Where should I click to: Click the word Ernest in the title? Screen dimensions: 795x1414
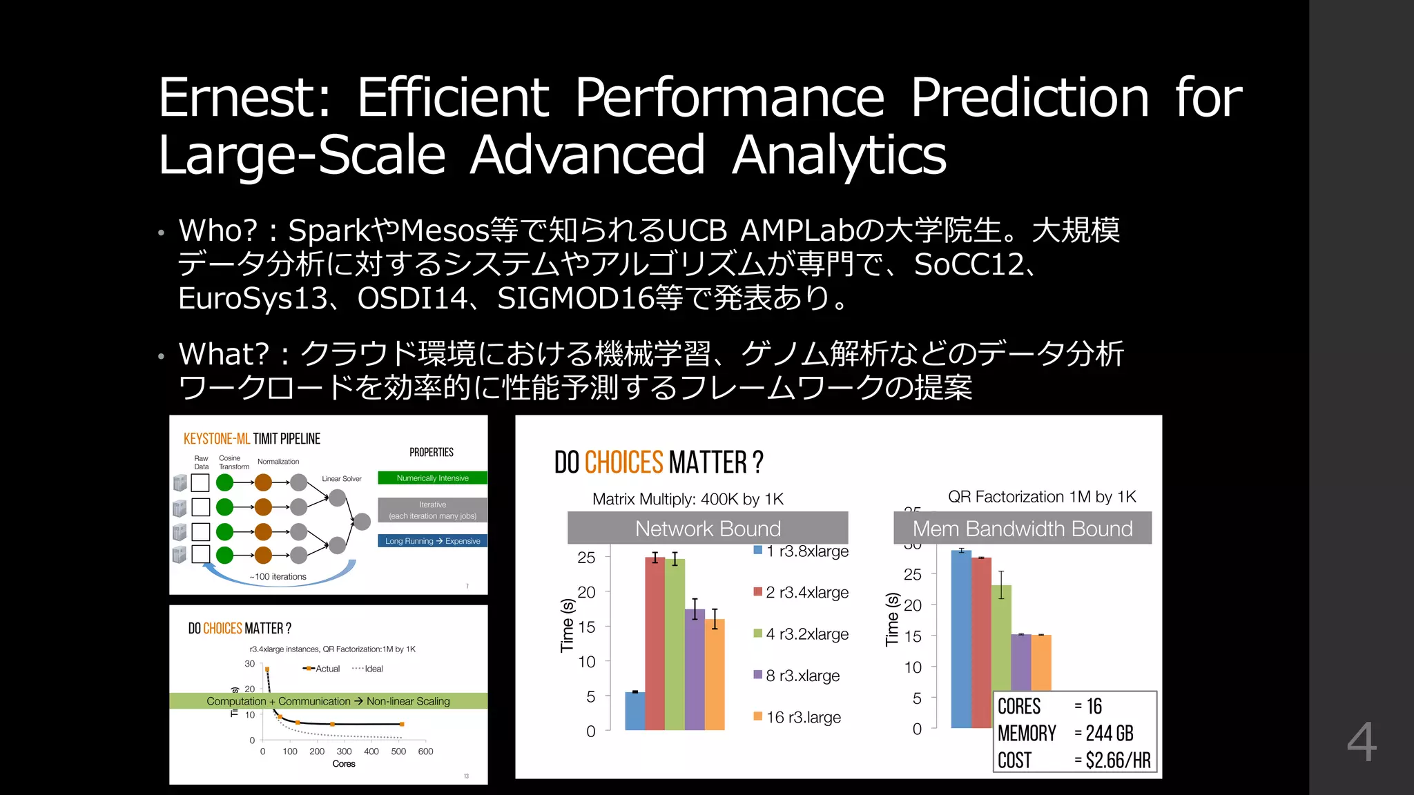pyautogui.click(x=243, y=97)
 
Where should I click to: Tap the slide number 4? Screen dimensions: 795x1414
pyautogui.click(x=1362, y=743)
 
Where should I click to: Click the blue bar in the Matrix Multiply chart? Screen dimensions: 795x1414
pyautogui.click(x=635, y=711)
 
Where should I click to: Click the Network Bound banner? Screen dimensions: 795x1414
pyautogui.click(x=708, y=529)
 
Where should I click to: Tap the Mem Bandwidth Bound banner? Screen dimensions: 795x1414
pyautogui.click(x=1023, y=529)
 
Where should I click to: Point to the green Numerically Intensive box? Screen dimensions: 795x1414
pyautogui.click(x=432, y=478)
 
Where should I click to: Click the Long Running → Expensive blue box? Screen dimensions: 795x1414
pyautogui.click(x=432, y=541)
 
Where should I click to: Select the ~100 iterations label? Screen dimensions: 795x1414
pyautogui.click(x=278, y=576)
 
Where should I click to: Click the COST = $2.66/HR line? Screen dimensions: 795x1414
pyautogui.click(x=1074, y=760)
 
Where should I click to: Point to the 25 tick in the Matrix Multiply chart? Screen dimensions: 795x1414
pyautogui.click(x=586, y=558)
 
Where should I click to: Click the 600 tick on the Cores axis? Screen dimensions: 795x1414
pyautogui.click(x=425, y=752)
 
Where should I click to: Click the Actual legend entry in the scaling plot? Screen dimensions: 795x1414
pyautogui.click(x=322, y=669)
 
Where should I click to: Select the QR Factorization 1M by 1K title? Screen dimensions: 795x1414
pyautogui.click(x=1041, y=497)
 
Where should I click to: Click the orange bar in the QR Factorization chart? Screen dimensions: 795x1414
pyautogui.click(x=1041, y=662)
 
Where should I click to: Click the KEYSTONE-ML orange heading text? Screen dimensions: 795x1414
pyautogui.click(x=216, y=439)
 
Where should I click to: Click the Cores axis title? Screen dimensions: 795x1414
pyautogui.click(x=343, y=764)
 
